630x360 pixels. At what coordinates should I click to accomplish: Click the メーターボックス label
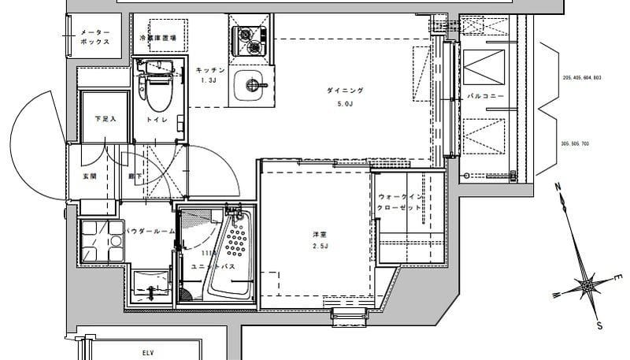coord(94,37)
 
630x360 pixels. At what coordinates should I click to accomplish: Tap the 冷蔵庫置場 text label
coord(157,38)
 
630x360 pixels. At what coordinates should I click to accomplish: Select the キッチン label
coord(210,72)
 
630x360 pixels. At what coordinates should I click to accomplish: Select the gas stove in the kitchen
coord(250,39)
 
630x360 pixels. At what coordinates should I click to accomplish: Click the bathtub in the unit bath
coord(235,252)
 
